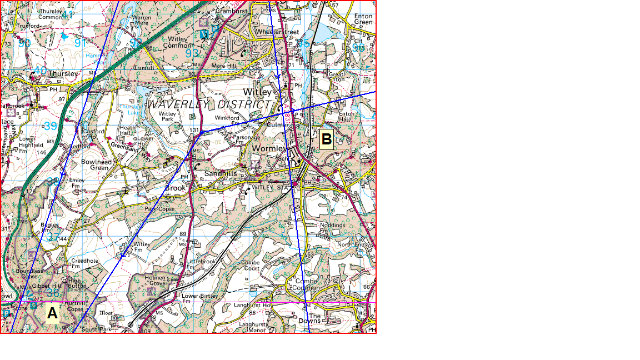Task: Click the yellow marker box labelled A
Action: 52,313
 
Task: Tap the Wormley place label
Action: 269,149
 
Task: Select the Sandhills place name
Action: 221,174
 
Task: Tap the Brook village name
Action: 175,188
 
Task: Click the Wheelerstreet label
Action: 277,32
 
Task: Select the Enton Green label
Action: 363,20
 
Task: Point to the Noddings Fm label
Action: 333,228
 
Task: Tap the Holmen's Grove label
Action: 156,281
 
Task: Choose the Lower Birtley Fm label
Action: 200,298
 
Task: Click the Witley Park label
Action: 167,117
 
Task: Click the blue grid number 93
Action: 192,53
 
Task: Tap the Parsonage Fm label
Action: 247,139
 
